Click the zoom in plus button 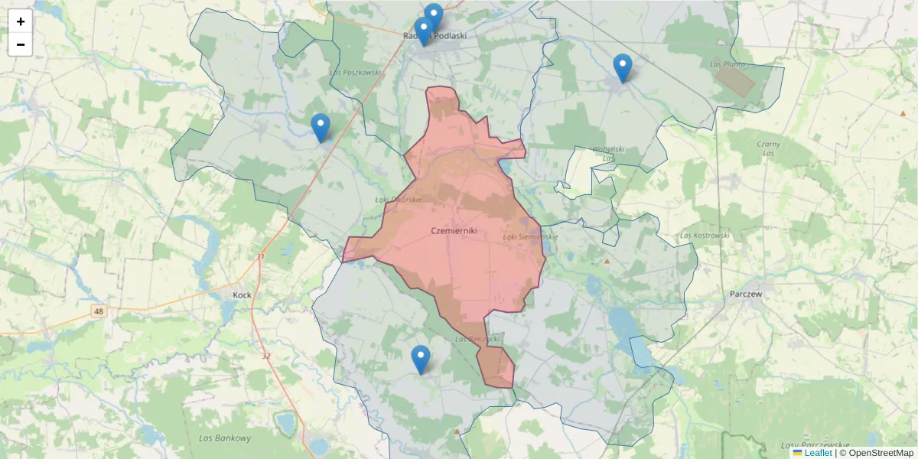click(21, 22)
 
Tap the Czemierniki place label click(454, 230)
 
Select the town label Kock click(242, 295)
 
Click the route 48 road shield click(99, 311)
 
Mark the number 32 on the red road click(266, 356)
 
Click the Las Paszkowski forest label click(355, 73)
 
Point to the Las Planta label click(728, 64)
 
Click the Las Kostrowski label click(704, 236)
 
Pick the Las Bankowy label click(224, 438)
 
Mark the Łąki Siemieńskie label click(529, 236)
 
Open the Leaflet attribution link click(818, 453)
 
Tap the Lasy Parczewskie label click(815, 444)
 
